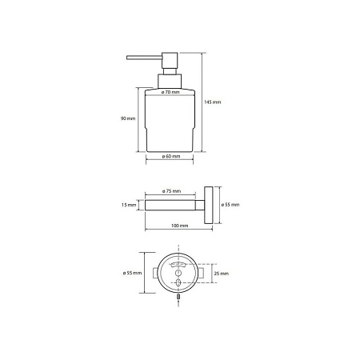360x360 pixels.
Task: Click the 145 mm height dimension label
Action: click(x=213, y=102)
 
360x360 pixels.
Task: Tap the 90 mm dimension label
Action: click(x=128, y=118)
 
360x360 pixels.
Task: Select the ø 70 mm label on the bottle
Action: click(x=170, y=92)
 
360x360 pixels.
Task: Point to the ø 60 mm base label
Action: click(x=171, y=156)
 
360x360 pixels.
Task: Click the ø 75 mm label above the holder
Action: click(x=171, y=191)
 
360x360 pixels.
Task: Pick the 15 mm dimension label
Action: click(x=129, y=205)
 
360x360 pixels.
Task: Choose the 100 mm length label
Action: click(x=179, y=226)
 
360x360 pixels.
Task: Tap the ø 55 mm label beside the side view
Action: click(x=230, y=205)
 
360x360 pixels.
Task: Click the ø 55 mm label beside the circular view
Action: click(x=132, y=273)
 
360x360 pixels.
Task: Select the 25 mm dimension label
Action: click(x=222, y=274)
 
